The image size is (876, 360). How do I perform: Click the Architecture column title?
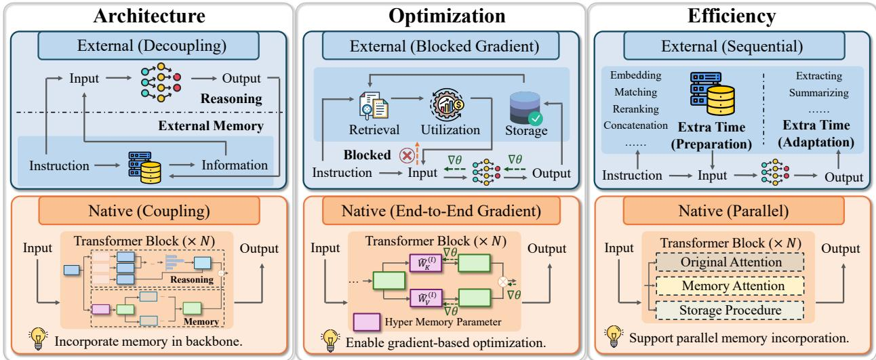pyautogui.click(x=149, y=16)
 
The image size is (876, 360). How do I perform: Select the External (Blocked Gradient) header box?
pyautogui.click(x=441, y=46)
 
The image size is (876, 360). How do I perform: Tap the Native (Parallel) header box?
pyautogui.click(x=733, y=211)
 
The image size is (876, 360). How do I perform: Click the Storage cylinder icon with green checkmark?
pyautogui.click(x=526, y=108)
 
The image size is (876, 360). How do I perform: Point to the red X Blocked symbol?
pyautogui.click(x=407, y=155)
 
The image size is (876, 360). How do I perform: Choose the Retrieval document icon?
pyautogui.click(x=374, y=106)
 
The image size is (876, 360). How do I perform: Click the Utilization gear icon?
pyautogui.click(x=447, y=104)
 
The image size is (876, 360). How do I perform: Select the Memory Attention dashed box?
pyautogui.click(x=730, y=285)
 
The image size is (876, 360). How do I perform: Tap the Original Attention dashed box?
pyautogui.click(x=730, y=262)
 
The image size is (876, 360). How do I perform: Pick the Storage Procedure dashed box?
pyautogui.click(x=730, y=310)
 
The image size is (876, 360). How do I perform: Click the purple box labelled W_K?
pyautogui.click(x=426, y=262)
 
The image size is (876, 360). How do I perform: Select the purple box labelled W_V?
pyautogui.click(x=426, y=298)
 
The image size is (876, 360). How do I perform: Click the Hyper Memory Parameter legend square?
pyautogui.click(x=366, y=322)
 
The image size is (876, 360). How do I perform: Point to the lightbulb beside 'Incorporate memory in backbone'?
pyautogui.click(x=38, y=338)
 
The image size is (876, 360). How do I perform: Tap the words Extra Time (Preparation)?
pyautogui.click(x=711, y=136)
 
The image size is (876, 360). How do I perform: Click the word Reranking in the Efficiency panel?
pyautogui.click(x=635, y=108)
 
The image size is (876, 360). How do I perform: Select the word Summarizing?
pyautogui.click(x=818, y=93)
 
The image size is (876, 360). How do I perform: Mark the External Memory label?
pyautogui.click(x=211, y=126)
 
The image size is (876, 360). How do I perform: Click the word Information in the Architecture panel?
pyautogui.click(x=235, y=165)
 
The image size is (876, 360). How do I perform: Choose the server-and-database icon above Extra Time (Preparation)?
pyautogui.click(x=712, y=94)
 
